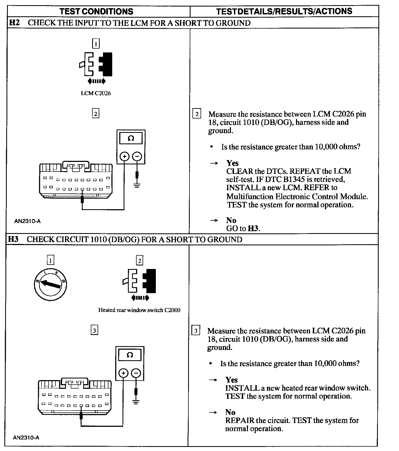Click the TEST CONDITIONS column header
pos(96,11)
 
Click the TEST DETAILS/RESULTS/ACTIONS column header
pos(284,11)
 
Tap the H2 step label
pos(15,23)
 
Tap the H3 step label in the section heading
pos(13,239)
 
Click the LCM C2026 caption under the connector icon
pos(96,93)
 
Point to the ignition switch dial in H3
pos(50,284)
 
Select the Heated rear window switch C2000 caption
pos(139,310)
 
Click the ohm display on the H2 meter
pos(131,138)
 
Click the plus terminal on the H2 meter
pos(124,156)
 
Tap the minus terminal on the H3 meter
pos(136,373)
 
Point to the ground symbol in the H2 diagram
pos(137,186)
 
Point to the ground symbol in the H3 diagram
pos(136,402)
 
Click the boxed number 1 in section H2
pos(96,43)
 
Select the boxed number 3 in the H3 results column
pos(196,331)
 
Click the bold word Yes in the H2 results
pos(233,163)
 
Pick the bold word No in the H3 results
pos(230,412)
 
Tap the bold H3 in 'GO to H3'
pos(253,228)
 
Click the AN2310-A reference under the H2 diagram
pos(27,221)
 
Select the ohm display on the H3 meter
pos(130,355)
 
